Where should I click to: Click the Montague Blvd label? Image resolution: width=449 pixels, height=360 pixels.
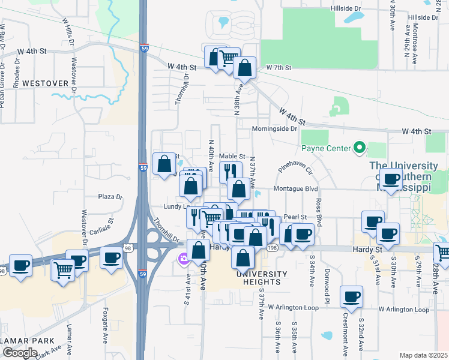point(295,188)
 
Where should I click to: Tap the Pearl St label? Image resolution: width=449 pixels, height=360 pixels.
point(295,217)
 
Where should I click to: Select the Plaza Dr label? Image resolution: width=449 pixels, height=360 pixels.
point(110,197)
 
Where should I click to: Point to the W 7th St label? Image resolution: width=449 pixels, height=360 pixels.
point(279,68)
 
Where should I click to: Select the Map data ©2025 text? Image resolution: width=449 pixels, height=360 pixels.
point(423,355)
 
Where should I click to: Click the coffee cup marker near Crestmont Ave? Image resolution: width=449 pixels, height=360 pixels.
point(351,295)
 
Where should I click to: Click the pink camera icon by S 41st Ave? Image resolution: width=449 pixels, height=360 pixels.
point(182,259)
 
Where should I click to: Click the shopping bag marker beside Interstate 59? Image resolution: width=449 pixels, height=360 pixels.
point(164,163)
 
